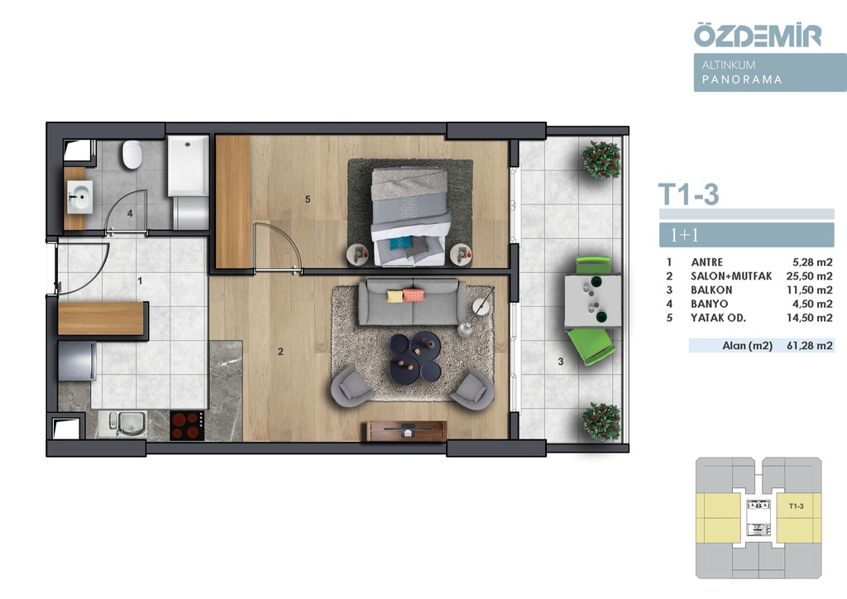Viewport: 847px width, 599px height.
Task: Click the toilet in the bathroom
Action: tap(132, 155)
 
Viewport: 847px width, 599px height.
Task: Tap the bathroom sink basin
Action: tap(80, 197)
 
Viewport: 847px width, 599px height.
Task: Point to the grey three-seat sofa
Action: tap(412, 301)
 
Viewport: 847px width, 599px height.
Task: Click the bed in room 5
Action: tap(410, 216)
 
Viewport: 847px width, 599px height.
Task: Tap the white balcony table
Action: tap(592, 301)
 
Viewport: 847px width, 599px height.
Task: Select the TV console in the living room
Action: tap(407, 431)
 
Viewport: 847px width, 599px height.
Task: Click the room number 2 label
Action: tap(280, 352)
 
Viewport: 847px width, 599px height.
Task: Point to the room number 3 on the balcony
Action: tap(561, 362)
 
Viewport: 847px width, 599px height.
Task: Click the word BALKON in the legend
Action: tap(711, 290)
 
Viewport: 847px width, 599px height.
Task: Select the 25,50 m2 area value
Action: tap(809, 276)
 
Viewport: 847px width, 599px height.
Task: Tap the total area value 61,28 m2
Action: tap(809, 346)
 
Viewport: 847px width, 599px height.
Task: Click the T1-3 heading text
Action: tap(689, 194)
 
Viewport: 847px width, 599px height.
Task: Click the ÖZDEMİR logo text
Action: tap(758, 35)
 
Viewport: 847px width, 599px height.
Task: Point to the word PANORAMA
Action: tap(742, 79)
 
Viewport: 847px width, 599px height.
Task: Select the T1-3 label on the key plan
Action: tap(797, 506)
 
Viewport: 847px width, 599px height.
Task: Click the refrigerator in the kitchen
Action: tap(77, 361)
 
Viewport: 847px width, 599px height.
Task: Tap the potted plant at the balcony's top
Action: tap(601, 160)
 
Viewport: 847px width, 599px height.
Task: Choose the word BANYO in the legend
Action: tap(709, 304)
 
